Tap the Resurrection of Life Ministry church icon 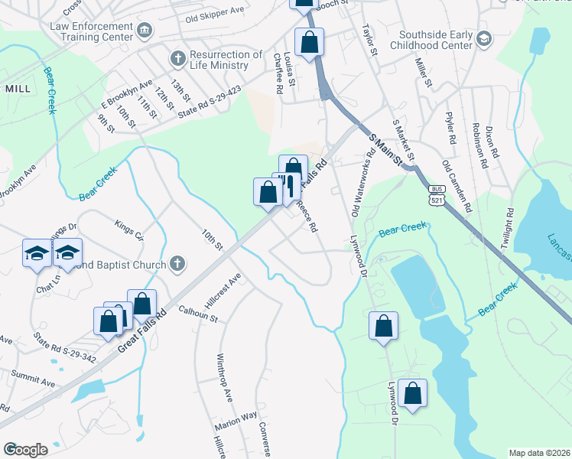pos(177,58)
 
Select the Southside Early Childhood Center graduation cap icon pos(483,39)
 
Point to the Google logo pos(25,450)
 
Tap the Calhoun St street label pos(198,313)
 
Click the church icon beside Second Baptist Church pos(177,265)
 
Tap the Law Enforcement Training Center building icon pos(145,30)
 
